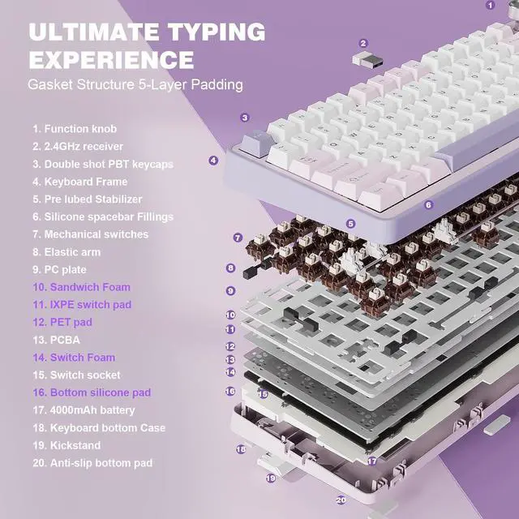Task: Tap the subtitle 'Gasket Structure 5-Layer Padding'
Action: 135,84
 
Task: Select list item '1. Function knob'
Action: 75,129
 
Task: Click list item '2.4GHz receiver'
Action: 78,146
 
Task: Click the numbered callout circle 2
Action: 363,43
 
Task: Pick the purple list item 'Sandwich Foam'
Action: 81,287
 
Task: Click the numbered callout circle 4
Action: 213,160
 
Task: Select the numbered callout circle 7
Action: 238,238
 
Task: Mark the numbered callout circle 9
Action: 230,290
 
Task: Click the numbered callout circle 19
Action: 271,478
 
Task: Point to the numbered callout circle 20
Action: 341,500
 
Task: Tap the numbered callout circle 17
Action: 371,461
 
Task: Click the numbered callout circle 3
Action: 244,118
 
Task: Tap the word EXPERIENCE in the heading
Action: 112,59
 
